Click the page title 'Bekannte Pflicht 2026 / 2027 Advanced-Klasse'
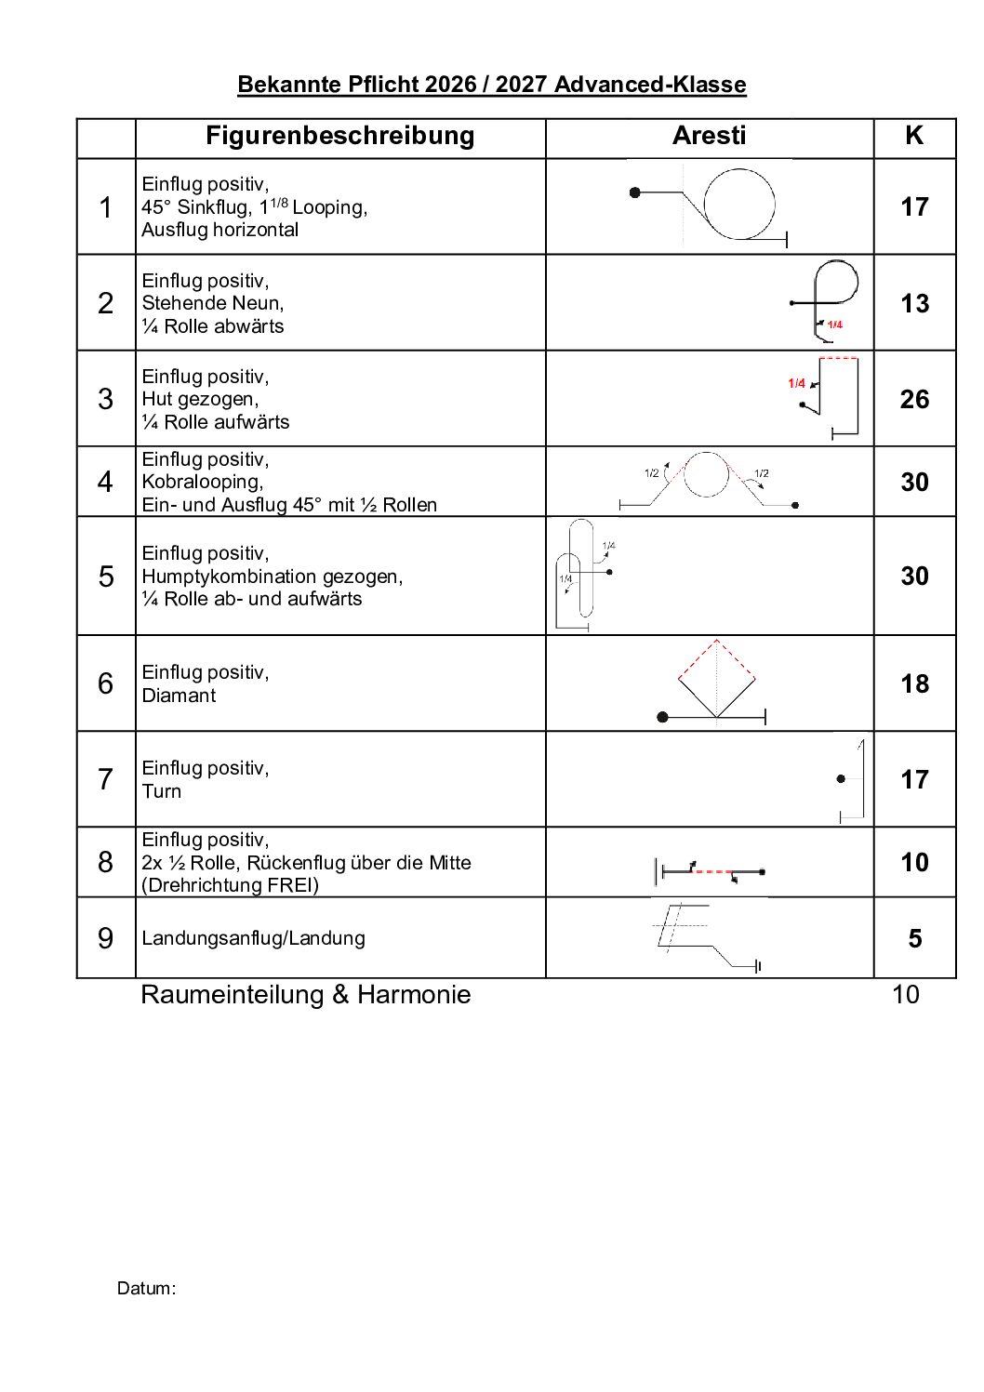[x=491, y=85]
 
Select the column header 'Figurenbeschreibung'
[x=339, y=136]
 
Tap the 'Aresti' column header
[x=709, y=136]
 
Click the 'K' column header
[x=914, y=136]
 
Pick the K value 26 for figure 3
[x=914, y=399]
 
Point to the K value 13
[x=914, y=303]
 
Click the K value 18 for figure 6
[x=914, y=683]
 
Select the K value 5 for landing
[x=914, y=938]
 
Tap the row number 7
[x=105, y=779]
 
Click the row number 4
[x=105, y=482]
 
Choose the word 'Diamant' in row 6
[x=179, y=696]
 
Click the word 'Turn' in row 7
[x=162, y=791]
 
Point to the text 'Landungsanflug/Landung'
[x=253, y=938]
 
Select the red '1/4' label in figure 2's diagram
[x=834, y=325]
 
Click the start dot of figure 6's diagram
[x=662, y=717]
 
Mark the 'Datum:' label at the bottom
[x=146, y=1289]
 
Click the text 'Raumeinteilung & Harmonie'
[x=305, y=995]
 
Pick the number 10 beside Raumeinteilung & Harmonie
[x=905, y=995]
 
